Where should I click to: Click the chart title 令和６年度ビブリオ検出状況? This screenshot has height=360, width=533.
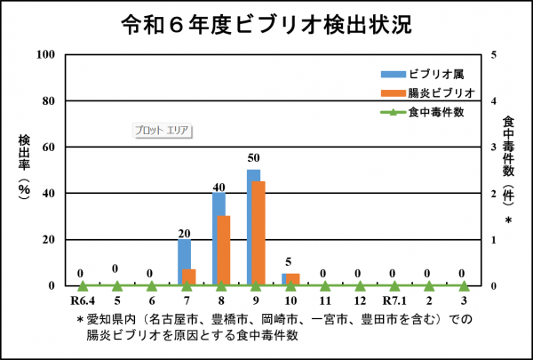point(266,25)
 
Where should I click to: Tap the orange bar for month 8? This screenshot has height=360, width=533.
point(224,251)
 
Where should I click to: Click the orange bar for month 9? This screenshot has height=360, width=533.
point(259,234)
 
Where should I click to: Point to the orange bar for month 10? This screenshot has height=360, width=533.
point(293,279)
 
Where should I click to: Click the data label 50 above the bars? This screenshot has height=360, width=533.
point(253,158)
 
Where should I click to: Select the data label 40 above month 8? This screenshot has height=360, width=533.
point(219,188)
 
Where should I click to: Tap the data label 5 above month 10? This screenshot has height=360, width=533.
point(288,261)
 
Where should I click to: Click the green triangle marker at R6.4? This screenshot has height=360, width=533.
point(83,286)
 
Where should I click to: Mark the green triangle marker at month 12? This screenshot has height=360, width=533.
point(361,286)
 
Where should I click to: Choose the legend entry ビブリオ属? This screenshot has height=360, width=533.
point(423,74)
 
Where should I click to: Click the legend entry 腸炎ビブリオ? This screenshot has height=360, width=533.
point(427,93)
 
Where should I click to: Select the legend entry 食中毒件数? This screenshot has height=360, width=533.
point(423,112)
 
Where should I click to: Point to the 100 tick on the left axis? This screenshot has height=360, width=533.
point(45,54)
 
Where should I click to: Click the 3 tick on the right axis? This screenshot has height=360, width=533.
point(494,147)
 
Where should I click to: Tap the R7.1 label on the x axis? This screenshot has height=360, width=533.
point(394,301)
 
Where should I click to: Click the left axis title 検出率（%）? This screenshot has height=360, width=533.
point(24,167)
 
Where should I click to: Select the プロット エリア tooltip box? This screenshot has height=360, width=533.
point(162,131)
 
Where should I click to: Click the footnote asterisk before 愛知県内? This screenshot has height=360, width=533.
point(80,320)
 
